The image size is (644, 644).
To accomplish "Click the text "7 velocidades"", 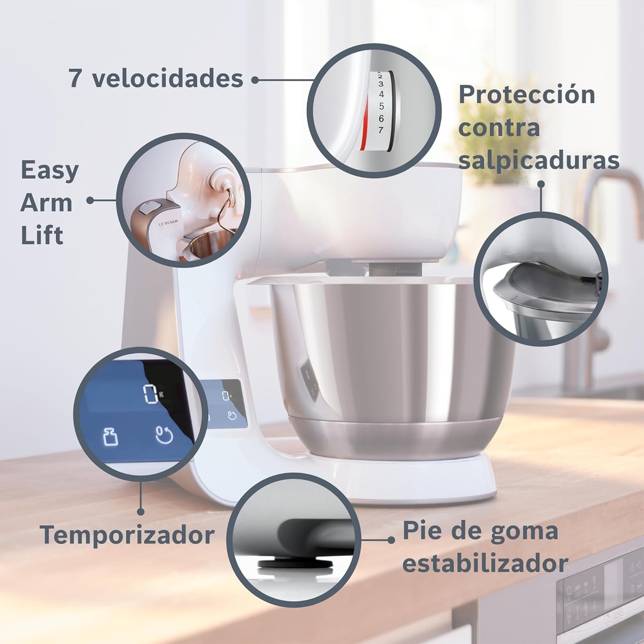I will coord(155,79).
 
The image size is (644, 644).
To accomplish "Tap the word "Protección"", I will coord(526,95).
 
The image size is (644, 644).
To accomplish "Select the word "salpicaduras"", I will coord(538,160).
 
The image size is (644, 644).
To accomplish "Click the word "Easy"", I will coord(50,170).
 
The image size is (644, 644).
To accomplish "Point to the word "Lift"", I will coord(42,236).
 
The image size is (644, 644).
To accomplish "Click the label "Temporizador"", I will coord(127,535).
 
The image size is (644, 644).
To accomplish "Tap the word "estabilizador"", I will coord(485,563).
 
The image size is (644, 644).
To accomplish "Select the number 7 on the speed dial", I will coord(380,130).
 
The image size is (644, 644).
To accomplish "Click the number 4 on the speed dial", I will coord(380,94).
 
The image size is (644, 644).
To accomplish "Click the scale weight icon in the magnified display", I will coord(110,436).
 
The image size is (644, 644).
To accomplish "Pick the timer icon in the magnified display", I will coord(164,434).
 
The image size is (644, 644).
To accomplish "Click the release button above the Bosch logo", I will coord(150,207).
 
